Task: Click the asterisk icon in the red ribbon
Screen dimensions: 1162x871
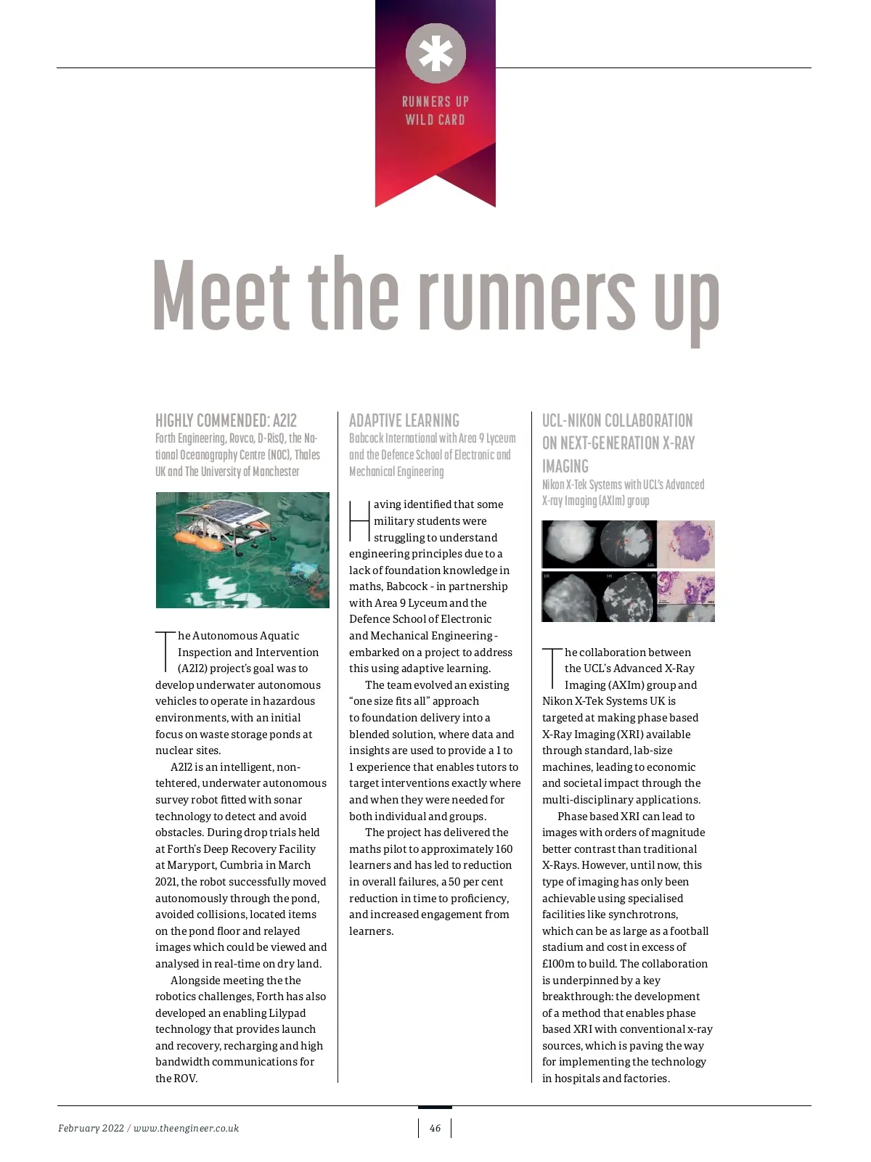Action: click(435, 53)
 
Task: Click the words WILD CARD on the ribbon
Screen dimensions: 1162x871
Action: click(435, 120)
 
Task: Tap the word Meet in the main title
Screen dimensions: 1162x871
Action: click(221, 295)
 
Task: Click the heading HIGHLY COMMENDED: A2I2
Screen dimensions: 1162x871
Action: click(226, 420)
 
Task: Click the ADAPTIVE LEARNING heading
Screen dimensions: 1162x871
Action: click(404, 420)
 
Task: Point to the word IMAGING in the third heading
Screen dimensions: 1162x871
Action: click(565, 466)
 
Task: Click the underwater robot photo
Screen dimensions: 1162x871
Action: click(242, 549)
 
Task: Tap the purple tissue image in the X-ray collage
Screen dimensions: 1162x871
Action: click(686, 544)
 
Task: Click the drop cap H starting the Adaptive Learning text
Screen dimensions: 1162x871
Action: click(359, 520)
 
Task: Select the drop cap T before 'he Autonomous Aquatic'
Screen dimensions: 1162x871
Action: click(165, 652)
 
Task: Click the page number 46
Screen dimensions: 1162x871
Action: click(435, 1128)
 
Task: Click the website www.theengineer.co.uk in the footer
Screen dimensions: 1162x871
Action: click(186, 1128)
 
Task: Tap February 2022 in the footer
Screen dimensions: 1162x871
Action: click(91, 1128)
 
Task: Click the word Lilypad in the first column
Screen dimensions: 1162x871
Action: click(287, 1013)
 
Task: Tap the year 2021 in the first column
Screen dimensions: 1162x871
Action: click(166, 882)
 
